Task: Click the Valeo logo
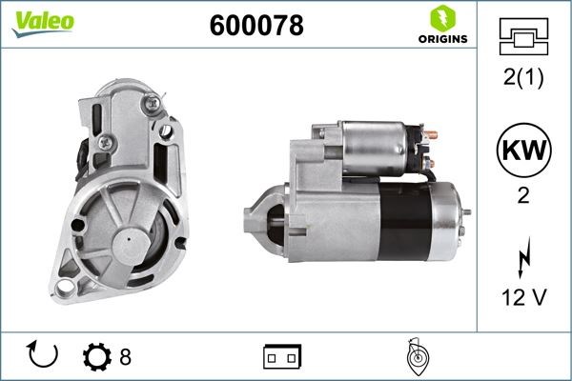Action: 43,23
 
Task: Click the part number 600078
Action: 256,25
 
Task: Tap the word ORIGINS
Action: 443,39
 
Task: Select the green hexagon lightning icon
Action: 443,18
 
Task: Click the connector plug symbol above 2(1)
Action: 523,36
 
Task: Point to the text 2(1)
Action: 523,77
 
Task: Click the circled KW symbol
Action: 523,150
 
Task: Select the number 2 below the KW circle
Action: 523,195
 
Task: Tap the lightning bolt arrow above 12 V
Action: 524,257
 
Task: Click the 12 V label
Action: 523,297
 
